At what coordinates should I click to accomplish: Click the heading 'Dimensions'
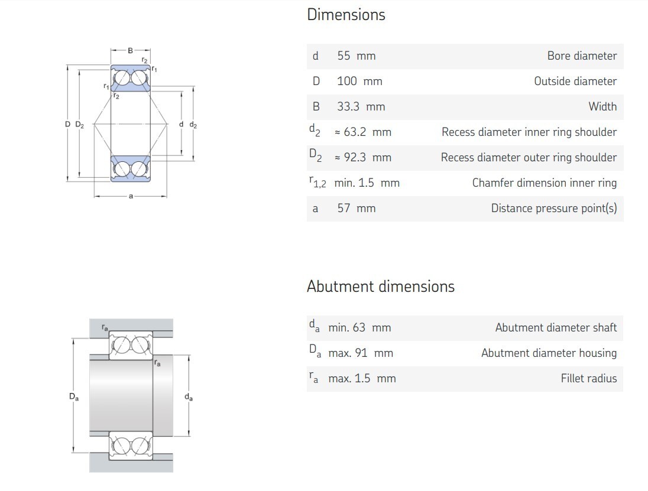coord(346,15)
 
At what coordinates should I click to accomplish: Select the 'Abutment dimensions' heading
coord(381,286)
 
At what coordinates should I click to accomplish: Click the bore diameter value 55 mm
coord(357,56)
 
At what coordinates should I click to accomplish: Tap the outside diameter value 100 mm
coord(359,81)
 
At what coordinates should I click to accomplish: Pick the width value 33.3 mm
coord(361,106)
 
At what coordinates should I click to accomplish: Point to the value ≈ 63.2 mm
coord(362,132)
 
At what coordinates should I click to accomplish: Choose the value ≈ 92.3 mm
coord(362,157)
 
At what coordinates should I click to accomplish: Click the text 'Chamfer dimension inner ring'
coord(545,183)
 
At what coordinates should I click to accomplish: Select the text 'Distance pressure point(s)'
coord(554,208)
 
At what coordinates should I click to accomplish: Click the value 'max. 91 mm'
coord(361,353)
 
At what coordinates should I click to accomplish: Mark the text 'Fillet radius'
coord(588,378)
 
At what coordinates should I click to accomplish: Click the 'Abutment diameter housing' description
coord(549,353)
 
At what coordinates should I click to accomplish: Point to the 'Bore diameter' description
coord(582,56)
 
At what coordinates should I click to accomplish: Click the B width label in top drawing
coord(130,50)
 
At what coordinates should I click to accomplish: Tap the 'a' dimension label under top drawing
coord(131,196)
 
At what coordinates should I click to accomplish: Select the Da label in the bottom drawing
coord(73,397)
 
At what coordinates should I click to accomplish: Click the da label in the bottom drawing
coord(189,397)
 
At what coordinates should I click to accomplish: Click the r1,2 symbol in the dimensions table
coord(317,182)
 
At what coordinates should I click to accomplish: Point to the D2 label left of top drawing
coord(79,124)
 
